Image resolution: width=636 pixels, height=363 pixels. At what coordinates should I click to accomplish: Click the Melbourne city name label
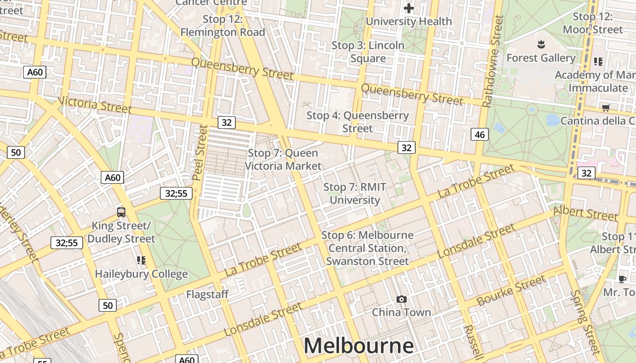358,346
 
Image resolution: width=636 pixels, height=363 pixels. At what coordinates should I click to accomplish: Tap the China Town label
401,312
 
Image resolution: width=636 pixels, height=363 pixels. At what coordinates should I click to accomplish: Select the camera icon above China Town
401,299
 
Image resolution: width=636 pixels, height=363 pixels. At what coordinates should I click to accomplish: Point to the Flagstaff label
207,294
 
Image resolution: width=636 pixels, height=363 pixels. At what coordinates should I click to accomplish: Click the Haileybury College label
141,274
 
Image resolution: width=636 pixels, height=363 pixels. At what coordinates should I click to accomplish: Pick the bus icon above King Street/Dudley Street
121,212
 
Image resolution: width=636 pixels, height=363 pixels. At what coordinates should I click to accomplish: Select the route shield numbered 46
480,134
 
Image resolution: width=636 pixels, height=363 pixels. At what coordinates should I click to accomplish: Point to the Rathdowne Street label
493,61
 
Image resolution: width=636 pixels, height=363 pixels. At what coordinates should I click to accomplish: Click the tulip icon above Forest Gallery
541,44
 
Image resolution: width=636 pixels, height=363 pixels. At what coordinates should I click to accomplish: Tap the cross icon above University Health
408,8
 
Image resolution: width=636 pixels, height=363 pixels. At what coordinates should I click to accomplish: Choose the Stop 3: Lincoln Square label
368,52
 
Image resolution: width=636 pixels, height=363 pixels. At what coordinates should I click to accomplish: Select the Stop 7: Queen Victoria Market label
283,160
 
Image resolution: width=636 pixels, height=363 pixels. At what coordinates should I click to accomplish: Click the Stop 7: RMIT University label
355,193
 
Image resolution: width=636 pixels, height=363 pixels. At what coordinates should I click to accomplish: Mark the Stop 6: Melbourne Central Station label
368,248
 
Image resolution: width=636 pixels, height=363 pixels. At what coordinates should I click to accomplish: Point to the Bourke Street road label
511,290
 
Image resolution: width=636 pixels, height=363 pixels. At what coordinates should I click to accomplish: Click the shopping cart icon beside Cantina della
606,108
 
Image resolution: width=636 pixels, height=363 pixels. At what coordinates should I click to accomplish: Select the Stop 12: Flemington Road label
223,26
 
